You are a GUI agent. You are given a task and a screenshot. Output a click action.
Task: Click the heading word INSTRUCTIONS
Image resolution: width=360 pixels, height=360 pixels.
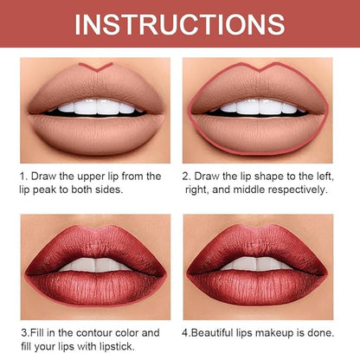(x=180, y=24)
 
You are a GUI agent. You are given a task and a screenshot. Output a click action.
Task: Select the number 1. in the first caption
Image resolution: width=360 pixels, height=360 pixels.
(x=23, y=177)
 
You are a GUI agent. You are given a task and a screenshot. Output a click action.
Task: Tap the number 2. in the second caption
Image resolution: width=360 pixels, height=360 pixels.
(x=186, y=177)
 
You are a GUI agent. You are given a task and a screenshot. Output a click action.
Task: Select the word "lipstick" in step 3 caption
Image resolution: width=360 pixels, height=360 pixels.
(x=118, y=346)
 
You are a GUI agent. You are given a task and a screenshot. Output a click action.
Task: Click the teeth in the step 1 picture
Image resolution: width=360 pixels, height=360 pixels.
(x=97, y=106)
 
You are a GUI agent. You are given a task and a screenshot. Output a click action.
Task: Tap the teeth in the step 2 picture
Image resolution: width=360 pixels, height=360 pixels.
(x=260, y=106)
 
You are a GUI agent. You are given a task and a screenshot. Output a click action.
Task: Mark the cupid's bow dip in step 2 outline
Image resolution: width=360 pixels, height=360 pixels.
(x=259, y=71)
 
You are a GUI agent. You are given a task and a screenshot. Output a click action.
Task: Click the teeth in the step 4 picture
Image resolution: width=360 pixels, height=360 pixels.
(x=256, y=263)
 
